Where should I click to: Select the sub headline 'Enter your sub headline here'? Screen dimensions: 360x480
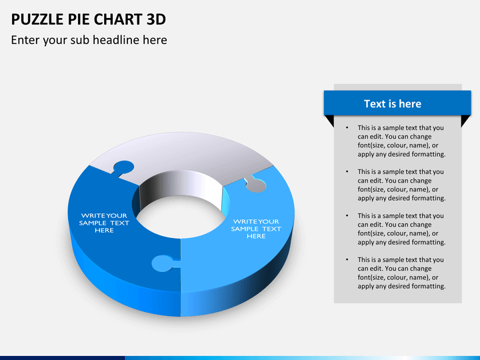pos(89,40)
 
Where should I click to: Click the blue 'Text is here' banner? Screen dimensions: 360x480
pos(392,103)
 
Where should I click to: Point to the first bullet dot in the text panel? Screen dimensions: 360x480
pos(347,128)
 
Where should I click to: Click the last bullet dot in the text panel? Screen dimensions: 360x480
pos(347,260)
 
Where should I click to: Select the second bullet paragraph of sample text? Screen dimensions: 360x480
pos(401,185)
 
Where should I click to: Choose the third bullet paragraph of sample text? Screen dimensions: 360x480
pos(401,229)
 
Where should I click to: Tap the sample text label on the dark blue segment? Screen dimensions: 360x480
pos(104,223)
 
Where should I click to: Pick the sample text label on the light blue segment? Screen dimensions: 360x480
pos(256,228)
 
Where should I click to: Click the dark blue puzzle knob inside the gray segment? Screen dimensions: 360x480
pos(123,169)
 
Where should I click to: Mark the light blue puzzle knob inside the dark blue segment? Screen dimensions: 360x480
pos(161,263)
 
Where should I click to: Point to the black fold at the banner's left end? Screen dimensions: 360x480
pos(329,121)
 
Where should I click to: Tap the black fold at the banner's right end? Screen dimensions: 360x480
pos(466,121)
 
